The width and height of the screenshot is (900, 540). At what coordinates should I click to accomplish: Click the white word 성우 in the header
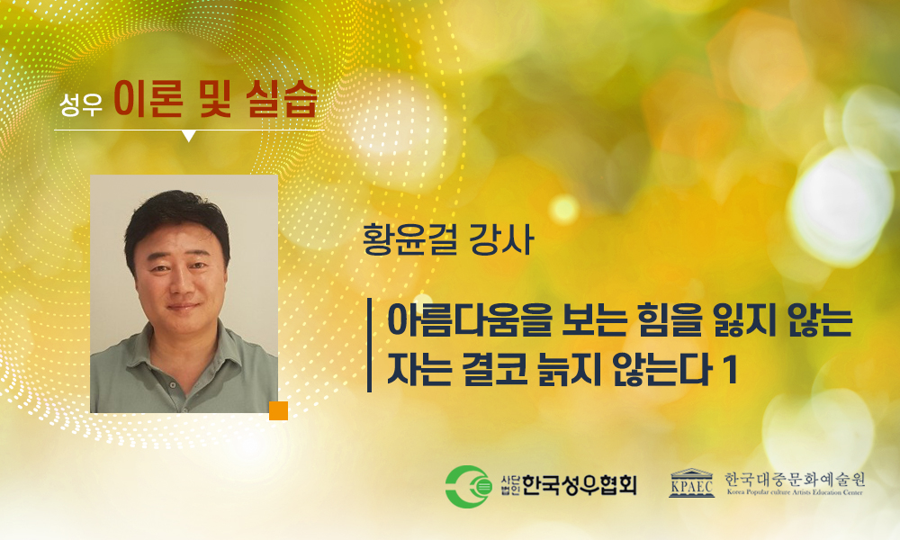81,104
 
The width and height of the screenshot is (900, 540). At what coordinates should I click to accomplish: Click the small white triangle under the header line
189,136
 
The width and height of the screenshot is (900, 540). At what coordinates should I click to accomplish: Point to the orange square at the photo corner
278,411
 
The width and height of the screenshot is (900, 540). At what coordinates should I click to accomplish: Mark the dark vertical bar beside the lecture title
370,345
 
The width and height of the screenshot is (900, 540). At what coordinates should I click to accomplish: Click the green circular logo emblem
469,487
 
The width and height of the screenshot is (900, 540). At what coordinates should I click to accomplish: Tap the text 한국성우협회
580,486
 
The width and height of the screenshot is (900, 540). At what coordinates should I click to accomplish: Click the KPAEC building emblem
691,483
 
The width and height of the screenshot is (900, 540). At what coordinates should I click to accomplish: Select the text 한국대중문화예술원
795,479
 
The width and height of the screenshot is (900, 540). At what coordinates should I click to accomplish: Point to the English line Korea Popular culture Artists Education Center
795,492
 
